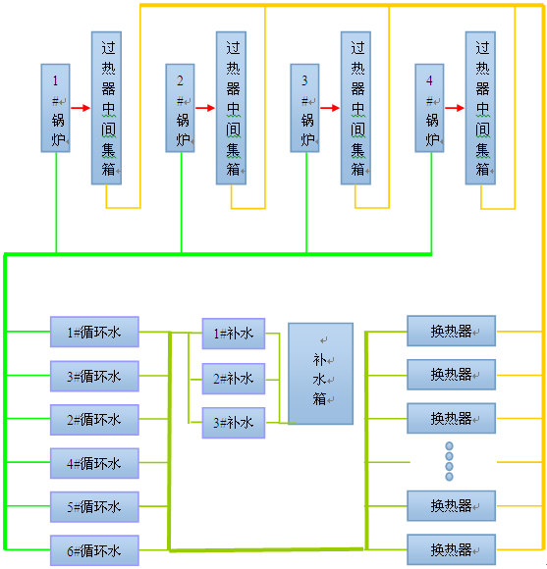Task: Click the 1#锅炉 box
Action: click(56, 109)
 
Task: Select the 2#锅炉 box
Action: click(181, 109)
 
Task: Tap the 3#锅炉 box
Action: click(305, 109)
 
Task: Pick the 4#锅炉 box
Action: click(430, 109)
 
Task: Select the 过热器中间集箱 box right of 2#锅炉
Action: click(231, 108)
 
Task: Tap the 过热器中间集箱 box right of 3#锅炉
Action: click(356, 108)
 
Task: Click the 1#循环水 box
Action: click(94, 332)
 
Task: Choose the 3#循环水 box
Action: click(94, 376)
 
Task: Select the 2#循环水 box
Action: click(94, 420)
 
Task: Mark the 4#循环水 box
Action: click(94, 463)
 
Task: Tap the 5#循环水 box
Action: click(94, 507)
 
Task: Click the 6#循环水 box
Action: click(94, 550)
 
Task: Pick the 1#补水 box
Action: click(233, 334)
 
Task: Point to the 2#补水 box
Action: click(233, 378)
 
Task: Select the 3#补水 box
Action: click(233, 422)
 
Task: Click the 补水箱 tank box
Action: click(320, 374)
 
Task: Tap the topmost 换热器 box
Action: click(451, 331)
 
